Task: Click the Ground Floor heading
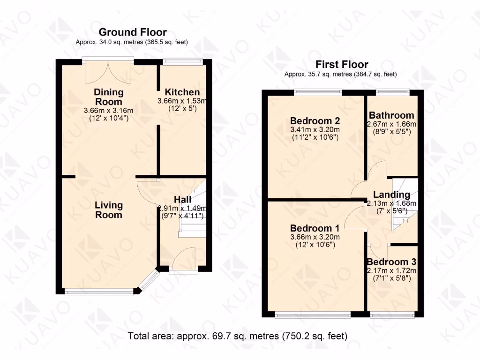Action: pyautogui.click(x=133, y=32)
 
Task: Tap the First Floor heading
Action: pyautogui.click(x=342, y=64)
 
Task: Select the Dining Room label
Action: pyautogui.click(x=108, y=97)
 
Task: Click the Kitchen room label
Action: pyautogui.click(x=182, y=92)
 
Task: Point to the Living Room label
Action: pyautogui.click(x=109, y=210)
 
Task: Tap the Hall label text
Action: pyautogui.click(x=182, y=200)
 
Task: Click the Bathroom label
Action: pyautogui.click(x=391, y=115)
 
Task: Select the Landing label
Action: pyautogui.click(x=391, y=195)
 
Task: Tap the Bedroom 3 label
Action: pyautogui.click(x=391, y=262)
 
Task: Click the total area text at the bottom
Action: pyautogui.click(x=237, y=336)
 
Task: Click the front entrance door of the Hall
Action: pyautogui.click(x=183, y=258)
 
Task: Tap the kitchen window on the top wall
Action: pyautogui.click(x=183, y=60)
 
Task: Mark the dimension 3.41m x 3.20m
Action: pyautogui.click(x=314, y=129)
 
